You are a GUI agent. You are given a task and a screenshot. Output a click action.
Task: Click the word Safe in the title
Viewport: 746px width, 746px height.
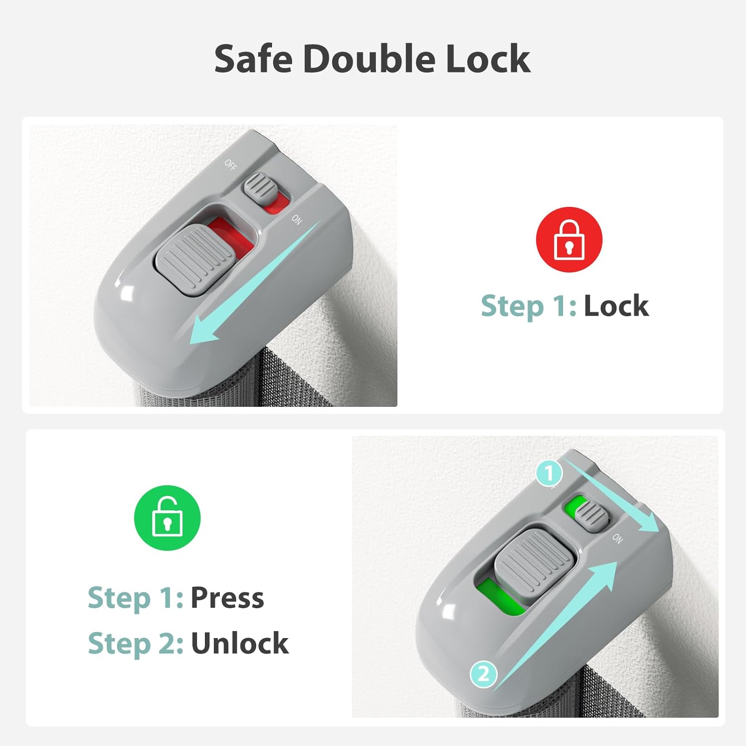(254, 59)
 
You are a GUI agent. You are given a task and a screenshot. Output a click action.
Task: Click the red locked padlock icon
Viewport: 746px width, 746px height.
(569, 240)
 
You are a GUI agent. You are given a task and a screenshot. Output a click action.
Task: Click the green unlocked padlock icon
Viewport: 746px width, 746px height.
(167, 518)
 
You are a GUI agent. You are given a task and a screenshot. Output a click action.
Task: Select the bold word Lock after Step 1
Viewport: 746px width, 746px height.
(616, 305)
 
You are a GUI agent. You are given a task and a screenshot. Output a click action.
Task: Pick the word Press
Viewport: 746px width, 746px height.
(227, 597)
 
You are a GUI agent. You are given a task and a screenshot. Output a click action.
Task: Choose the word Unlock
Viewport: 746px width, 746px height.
(240, 643)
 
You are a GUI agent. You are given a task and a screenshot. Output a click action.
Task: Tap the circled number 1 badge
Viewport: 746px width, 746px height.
(549, 473)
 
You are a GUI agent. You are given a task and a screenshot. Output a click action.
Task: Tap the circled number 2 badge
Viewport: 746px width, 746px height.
(483, 675)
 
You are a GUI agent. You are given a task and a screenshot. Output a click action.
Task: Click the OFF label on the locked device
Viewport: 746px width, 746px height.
(230, 164)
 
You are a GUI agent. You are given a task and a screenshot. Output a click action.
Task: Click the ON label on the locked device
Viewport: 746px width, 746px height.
(296, 219)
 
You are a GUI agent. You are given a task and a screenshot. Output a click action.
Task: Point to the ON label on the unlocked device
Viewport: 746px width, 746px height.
(617, 538)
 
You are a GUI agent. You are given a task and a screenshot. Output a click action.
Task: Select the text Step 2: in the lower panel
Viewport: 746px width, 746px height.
(135, 644)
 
